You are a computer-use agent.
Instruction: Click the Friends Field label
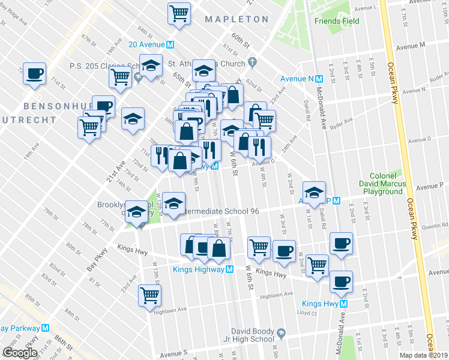(337, 21)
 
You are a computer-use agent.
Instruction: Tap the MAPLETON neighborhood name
(236, 19)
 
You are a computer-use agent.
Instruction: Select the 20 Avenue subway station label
(151, 44)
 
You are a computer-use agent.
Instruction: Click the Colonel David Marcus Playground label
(381, 183)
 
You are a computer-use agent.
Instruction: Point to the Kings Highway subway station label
(194, 270)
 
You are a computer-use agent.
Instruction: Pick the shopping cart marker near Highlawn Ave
(149, 294)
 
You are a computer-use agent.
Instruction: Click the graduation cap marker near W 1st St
(314, 191)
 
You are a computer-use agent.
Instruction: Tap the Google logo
(19, 353)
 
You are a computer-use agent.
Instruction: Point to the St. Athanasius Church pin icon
(252, 62)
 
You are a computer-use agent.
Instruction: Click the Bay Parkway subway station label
(24, 328)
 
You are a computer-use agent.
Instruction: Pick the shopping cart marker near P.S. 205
(121, 77)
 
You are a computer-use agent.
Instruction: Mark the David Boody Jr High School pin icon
(280, 332)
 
